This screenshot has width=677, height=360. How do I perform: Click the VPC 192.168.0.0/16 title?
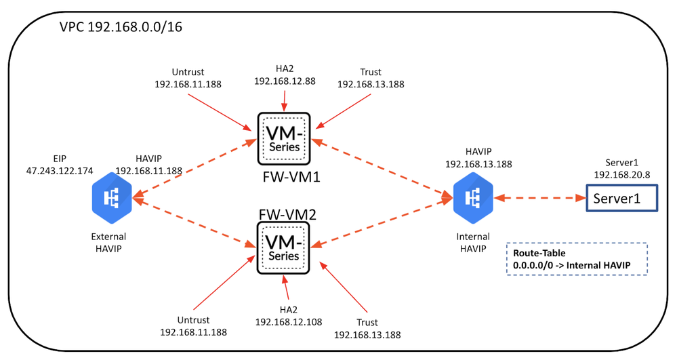coord(121,28)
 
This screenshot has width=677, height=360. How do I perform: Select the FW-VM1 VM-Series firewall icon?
coord(284,138)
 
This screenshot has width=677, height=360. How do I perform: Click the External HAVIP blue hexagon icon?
coord(112,198)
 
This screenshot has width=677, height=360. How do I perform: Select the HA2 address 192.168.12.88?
coord(285,81)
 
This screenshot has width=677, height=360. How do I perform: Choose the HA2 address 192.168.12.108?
coord(287,321)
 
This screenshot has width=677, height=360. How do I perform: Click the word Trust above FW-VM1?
coord(371,72)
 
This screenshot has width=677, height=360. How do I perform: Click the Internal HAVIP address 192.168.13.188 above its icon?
coord(478,164)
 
